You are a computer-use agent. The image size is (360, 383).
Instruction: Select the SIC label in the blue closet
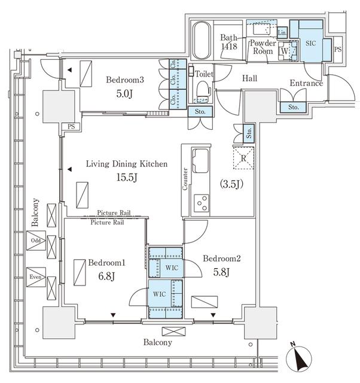[310, 44]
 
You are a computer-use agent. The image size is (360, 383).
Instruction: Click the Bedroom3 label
[125, 80]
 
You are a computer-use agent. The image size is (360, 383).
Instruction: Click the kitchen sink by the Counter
[201, 160]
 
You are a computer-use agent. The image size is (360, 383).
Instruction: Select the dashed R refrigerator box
[243, 159]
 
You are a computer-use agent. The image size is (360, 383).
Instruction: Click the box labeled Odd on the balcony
[35, 241]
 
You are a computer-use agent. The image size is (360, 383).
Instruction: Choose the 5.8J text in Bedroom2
[221, 270]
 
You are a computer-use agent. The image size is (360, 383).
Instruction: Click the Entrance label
[306, 83]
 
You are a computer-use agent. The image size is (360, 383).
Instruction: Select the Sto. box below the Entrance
[293, 107]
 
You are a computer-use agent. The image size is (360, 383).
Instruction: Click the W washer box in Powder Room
[283, 51]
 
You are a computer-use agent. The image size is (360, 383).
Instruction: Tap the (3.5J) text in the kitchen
[231, 184]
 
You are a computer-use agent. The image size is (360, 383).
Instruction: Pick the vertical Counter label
[185, 178]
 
